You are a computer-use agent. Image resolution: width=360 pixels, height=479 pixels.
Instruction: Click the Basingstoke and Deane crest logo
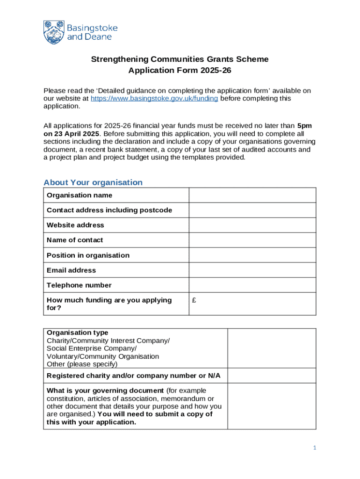(x=54, y=32)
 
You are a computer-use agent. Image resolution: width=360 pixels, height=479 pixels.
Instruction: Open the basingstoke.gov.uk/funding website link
(x=154, y=99)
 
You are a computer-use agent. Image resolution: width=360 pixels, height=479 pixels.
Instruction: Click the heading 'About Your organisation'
(x=93, y=182)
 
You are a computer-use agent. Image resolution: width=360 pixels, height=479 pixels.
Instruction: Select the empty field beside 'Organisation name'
(x=252, y=195)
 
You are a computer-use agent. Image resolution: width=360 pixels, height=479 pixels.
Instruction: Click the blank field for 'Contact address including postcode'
(x=252, y=210)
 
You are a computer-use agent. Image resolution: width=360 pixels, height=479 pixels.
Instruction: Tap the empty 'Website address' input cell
(x=252, y=225)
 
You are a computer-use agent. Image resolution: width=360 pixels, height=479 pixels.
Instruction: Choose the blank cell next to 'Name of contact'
(x=252, y=240)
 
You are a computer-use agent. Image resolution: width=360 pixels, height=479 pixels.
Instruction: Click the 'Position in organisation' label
(x=88, y=255)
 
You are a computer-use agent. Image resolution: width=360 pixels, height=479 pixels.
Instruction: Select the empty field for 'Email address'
(x=252, y=270)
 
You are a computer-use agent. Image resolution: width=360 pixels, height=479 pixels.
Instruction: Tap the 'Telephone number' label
(x=79, y=285)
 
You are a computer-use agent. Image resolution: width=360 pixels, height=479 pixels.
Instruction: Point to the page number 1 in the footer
(x=315, y=448)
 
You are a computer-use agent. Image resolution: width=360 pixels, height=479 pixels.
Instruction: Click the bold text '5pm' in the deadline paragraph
(x=304, y=126)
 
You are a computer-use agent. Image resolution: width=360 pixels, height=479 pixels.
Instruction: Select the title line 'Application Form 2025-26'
(x=180, y=71)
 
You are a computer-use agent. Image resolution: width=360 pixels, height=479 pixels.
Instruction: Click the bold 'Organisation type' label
(x=77, y=333)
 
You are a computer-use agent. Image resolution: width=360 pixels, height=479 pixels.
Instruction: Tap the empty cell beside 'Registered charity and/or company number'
(x=271, y=376)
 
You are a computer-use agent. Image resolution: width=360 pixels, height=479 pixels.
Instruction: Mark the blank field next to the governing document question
(x=271, y=406)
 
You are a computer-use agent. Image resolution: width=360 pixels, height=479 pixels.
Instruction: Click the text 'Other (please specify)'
(x=82, y=364)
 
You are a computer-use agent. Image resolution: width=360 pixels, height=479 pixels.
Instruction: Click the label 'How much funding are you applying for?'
(x=109, y=304)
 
